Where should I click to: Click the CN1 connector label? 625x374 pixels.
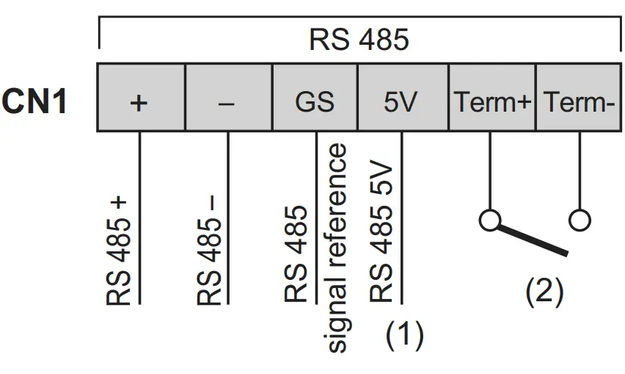35,101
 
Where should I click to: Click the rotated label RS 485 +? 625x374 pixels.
118,250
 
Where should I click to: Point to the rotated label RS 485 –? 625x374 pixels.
208,250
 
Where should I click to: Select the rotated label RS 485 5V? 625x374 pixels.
383,231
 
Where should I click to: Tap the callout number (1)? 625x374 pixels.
404,335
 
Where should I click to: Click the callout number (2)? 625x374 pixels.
544,292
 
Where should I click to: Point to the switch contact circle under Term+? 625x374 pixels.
491,219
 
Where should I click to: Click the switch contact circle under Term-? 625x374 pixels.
580,219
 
